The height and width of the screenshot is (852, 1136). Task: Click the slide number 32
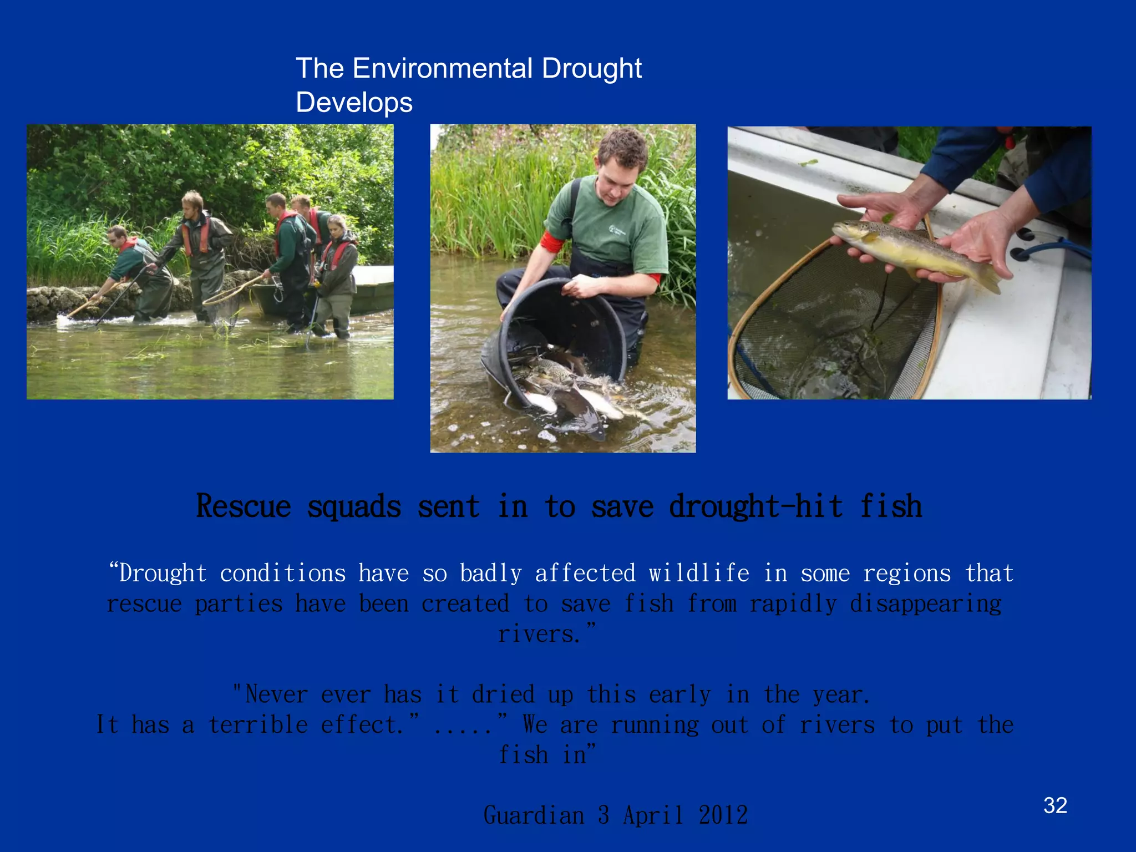[1055, 805]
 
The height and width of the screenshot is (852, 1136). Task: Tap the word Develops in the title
[354, 103]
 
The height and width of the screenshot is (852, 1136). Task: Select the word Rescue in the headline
[244, 506]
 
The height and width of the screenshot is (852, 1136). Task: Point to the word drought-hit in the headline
[756, 506]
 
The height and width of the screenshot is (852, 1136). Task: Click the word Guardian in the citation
[534, 815]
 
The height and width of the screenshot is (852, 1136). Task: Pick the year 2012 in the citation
[723, 815]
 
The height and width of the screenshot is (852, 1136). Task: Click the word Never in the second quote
[276, 694]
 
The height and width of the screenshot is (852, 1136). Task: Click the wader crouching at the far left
[133, 272]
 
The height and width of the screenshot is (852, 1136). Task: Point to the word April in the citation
[653, 815]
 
